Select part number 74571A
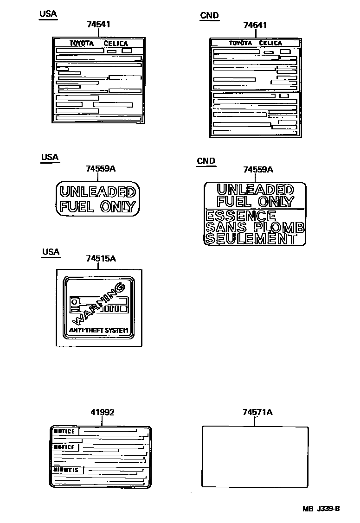[257, 412]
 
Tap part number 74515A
[101, 258]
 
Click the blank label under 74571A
[255, 456]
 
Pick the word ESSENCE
[240, 216]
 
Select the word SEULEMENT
[251, 239]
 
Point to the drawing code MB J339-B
[321, 509]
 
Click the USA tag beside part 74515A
[51, 252]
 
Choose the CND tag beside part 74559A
[206, 161]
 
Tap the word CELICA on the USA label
[116, 44]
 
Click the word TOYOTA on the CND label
[240, 43]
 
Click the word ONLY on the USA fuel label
[117, 207]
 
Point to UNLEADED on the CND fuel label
[255, 190]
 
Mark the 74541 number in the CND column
[255, 26]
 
